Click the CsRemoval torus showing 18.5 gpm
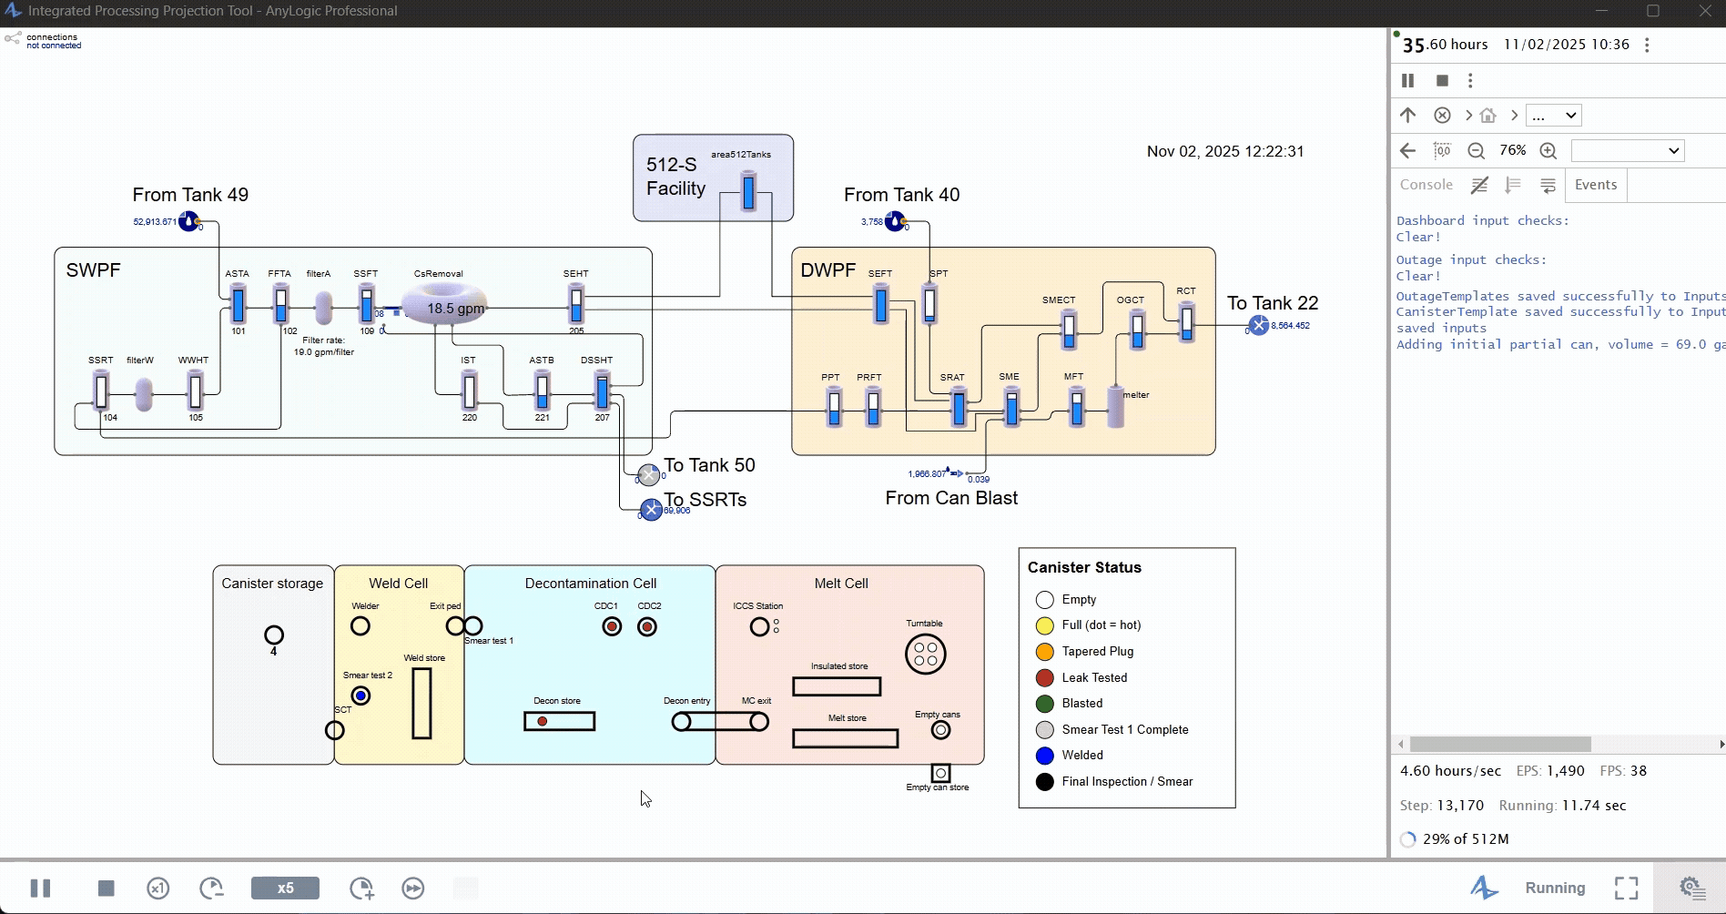[444, 305]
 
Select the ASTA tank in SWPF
[238, 304]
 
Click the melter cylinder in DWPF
[1115, 407]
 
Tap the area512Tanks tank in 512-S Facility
[748, 191]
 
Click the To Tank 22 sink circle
[1258, 325]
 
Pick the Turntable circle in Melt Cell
[925, 654]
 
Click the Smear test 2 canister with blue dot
[360, 696]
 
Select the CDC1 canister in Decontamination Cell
[612, 626]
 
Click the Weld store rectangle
[421, 703]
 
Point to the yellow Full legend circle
[1045, 625]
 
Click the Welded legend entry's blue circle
[1045, 756]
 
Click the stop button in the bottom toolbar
[107, 888]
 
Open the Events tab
[1596, 185]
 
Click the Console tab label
[1426, 185]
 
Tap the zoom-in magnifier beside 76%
[1548, 151]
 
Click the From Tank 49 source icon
[188, 221]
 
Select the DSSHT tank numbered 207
[602, 391]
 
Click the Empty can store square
[940, 773]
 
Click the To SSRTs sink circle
[651, 510]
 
